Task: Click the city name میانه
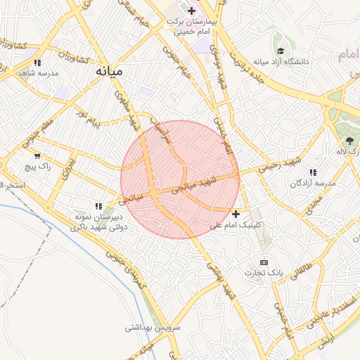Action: click(112, 71)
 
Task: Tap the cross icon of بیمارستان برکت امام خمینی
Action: click(191, 11)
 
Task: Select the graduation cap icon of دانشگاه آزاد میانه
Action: click(281, 51)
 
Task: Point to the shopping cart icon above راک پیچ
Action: click(37, 156)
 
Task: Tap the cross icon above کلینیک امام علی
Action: click(236, 213)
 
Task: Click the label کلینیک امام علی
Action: click(236, 225)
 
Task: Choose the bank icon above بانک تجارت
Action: click(264, 262)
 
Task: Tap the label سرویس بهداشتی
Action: click(153, 328)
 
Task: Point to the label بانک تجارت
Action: click(264, 272)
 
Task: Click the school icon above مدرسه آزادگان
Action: click(313, 172)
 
